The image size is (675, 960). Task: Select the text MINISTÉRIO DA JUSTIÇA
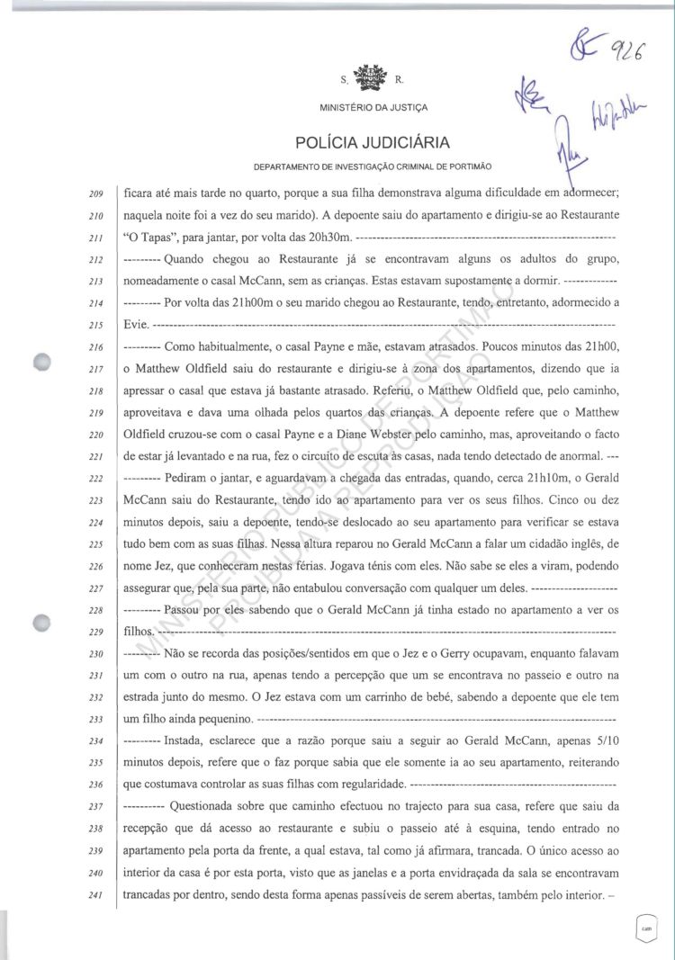coord(373,108)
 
